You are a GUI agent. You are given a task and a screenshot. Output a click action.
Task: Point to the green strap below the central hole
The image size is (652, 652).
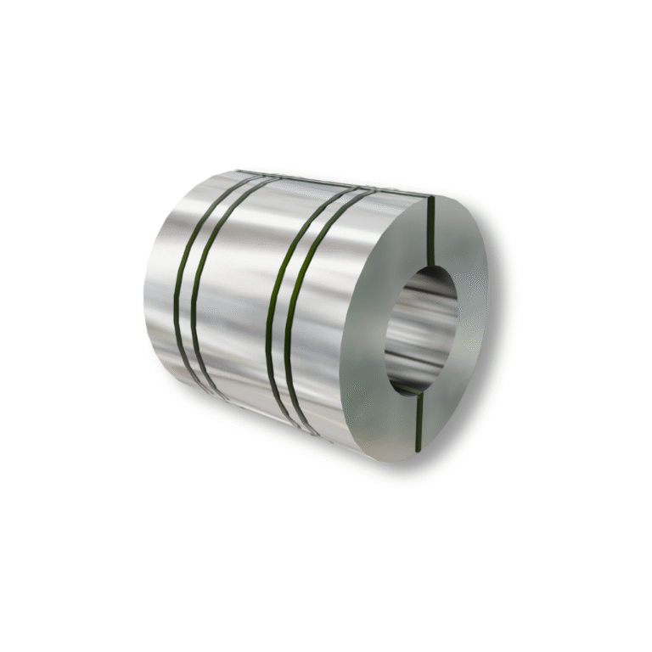point(418,419)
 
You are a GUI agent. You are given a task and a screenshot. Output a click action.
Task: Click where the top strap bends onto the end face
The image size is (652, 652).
point(430,198)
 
